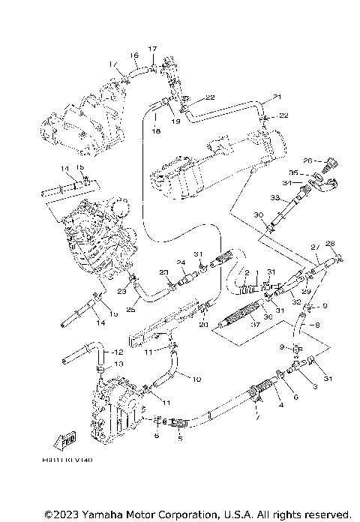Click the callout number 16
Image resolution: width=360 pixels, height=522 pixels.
(134, 55)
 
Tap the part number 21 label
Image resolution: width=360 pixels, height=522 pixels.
(277, 97)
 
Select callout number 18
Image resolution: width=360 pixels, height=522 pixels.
(156, 130)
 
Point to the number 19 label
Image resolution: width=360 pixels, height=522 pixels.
(177, 121)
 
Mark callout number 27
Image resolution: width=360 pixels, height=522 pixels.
(315, 247)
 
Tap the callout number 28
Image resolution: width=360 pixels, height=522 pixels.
(329, 243)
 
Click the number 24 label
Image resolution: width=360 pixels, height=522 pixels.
(181, 262)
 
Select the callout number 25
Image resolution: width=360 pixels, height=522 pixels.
(132, 310)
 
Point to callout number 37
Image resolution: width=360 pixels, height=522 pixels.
(255, 325)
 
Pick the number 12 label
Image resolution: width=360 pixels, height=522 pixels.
(117, 352)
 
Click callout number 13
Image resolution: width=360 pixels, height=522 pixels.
(117, 363)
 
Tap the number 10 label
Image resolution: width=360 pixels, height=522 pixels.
(197, 379)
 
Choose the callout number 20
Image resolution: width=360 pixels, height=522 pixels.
(182, 324)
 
